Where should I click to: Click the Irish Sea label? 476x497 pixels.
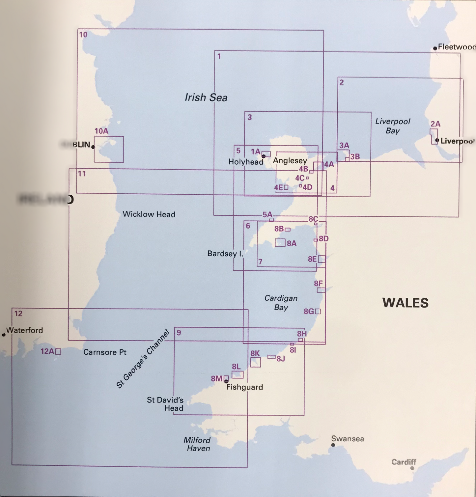(206, 97)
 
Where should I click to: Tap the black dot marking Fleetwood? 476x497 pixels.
(435, 48)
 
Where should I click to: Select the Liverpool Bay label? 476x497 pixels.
(393, 126)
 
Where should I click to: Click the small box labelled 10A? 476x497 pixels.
(109, 149)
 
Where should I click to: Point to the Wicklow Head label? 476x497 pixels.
(149, 214)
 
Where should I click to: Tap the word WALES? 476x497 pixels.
(405, 303)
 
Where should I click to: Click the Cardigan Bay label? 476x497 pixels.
(281, 303)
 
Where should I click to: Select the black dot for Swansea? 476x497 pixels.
(333, 445)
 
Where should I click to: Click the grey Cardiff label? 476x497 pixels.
(404, 462)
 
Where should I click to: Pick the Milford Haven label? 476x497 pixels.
(197, 444)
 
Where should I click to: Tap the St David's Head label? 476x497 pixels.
(165, 404)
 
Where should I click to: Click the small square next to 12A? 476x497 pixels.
(58, 352)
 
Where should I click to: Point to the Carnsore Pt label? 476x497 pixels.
(105, 352)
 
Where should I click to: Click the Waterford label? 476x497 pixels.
(25, 330)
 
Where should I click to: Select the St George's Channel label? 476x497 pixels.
(143, 359)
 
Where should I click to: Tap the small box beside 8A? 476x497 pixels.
(280, 242)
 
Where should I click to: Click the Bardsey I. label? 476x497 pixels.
(225, 254)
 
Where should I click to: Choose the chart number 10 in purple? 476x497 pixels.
(83, 35)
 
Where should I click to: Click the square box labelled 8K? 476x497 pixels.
(255, 362)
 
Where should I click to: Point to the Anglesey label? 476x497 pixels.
(290, 161)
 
